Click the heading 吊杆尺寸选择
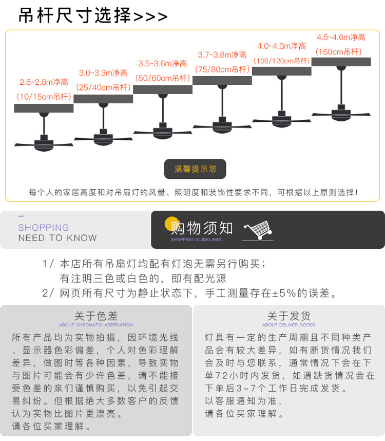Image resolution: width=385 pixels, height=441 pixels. (74, 16)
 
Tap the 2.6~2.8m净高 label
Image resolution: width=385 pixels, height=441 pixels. (44, 82)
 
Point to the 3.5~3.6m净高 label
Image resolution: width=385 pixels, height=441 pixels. (163, 64)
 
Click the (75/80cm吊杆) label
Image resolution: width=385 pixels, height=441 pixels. (222, 69)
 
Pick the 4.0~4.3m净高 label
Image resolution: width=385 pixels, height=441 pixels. (282, 46)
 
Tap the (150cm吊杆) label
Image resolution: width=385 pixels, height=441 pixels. (339, 51)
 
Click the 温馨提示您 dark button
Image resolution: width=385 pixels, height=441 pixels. (195, 169)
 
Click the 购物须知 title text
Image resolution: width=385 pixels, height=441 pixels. (202, 228)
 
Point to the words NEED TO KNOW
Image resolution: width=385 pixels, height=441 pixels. (57, 238)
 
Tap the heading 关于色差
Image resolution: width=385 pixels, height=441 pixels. (96, 316)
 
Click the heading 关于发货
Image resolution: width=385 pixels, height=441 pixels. (288, 316)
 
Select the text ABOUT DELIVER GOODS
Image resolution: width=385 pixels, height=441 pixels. (288, 325)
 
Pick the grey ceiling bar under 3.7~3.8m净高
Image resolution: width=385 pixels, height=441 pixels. (222, 80)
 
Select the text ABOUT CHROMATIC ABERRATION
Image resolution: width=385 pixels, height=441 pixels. (96, 325)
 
